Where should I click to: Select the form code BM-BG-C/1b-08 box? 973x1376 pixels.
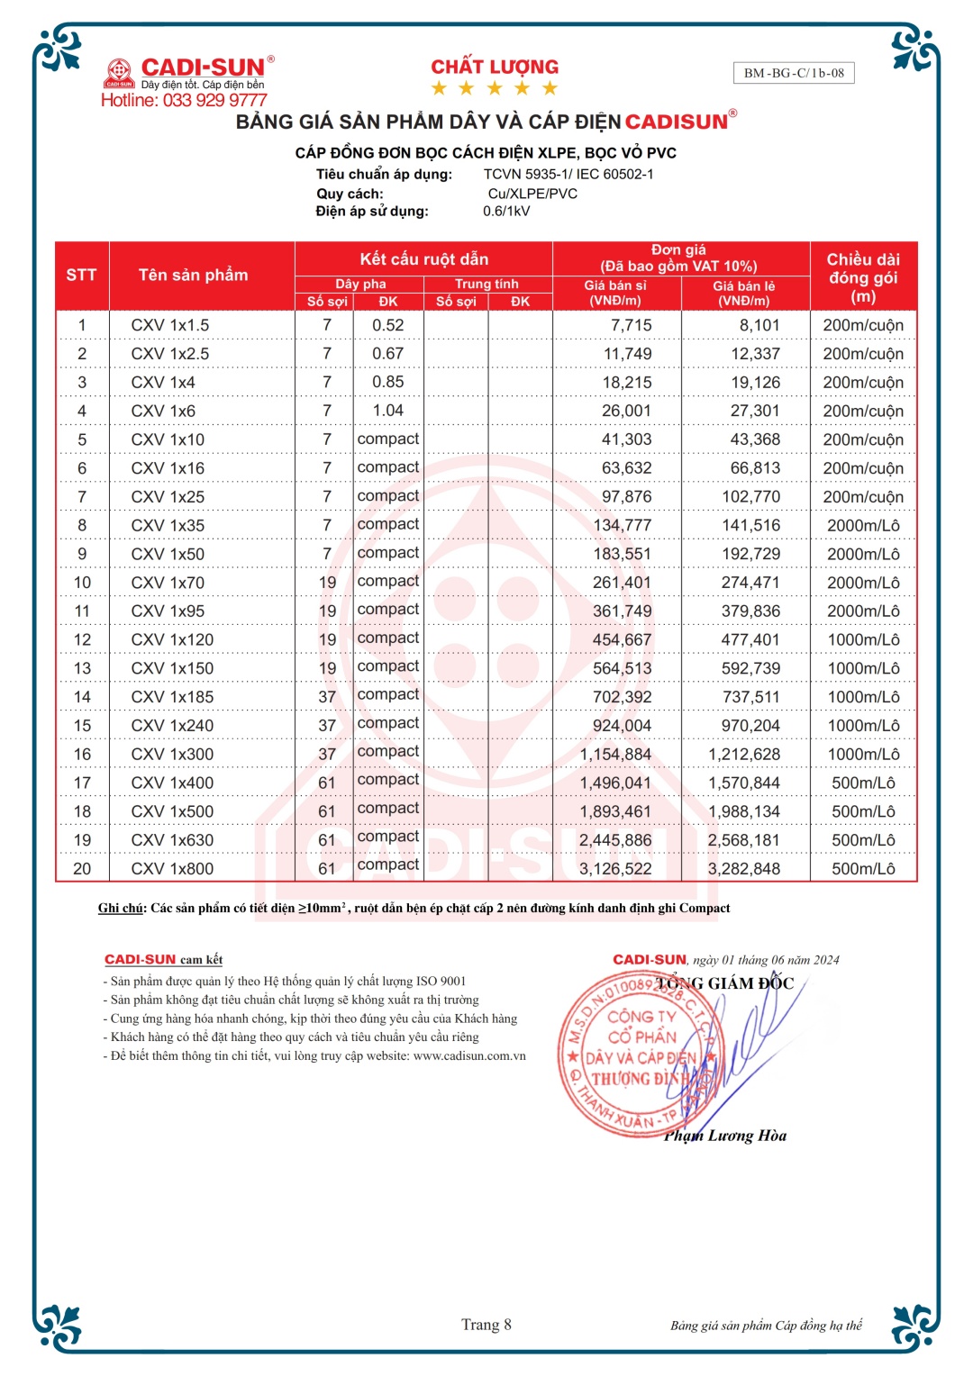[794, 73]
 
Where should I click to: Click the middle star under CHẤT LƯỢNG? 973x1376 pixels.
[495, 88]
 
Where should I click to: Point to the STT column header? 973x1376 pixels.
[81, 275]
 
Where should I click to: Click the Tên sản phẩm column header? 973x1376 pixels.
[193, 275]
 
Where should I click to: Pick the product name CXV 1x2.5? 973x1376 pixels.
[169, 354]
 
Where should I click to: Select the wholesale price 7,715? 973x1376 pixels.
[631, 325]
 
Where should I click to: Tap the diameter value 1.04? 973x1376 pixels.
[388, 411]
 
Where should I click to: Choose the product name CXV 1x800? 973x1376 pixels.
[172, 869]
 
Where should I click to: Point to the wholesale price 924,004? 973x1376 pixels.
[622, 726]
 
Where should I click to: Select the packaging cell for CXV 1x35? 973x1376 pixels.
[863, 525]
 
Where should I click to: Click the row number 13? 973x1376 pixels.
[82, 668]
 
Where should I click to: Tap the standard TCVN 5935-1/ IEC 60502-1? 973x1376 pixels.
[568, 174]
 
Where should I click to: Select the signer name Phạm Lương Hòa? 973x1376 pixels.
[725, 1136]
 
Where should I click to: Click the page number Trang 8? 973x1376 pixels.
[486, 1325]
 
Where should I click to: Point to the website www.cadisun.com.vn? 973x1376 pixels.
[469, 1055]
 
